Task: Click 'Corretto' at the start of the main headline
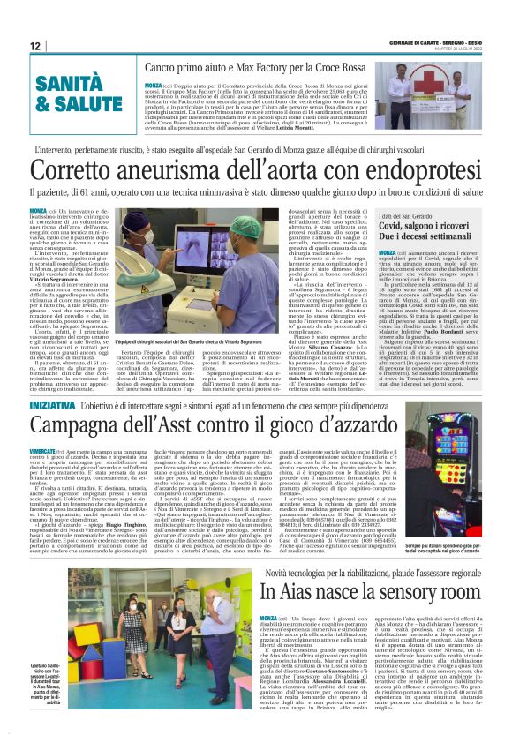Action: pos(94,169)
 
